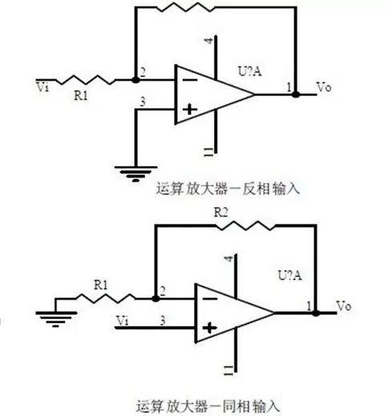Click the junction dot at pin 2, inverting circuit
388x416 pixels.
point(135,80)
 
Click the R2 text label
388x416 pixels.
point(223,212)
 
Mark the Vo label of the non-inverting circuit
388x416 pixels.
point(342,306)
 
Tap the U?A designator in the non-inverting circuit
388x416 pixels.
point(290,275)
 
